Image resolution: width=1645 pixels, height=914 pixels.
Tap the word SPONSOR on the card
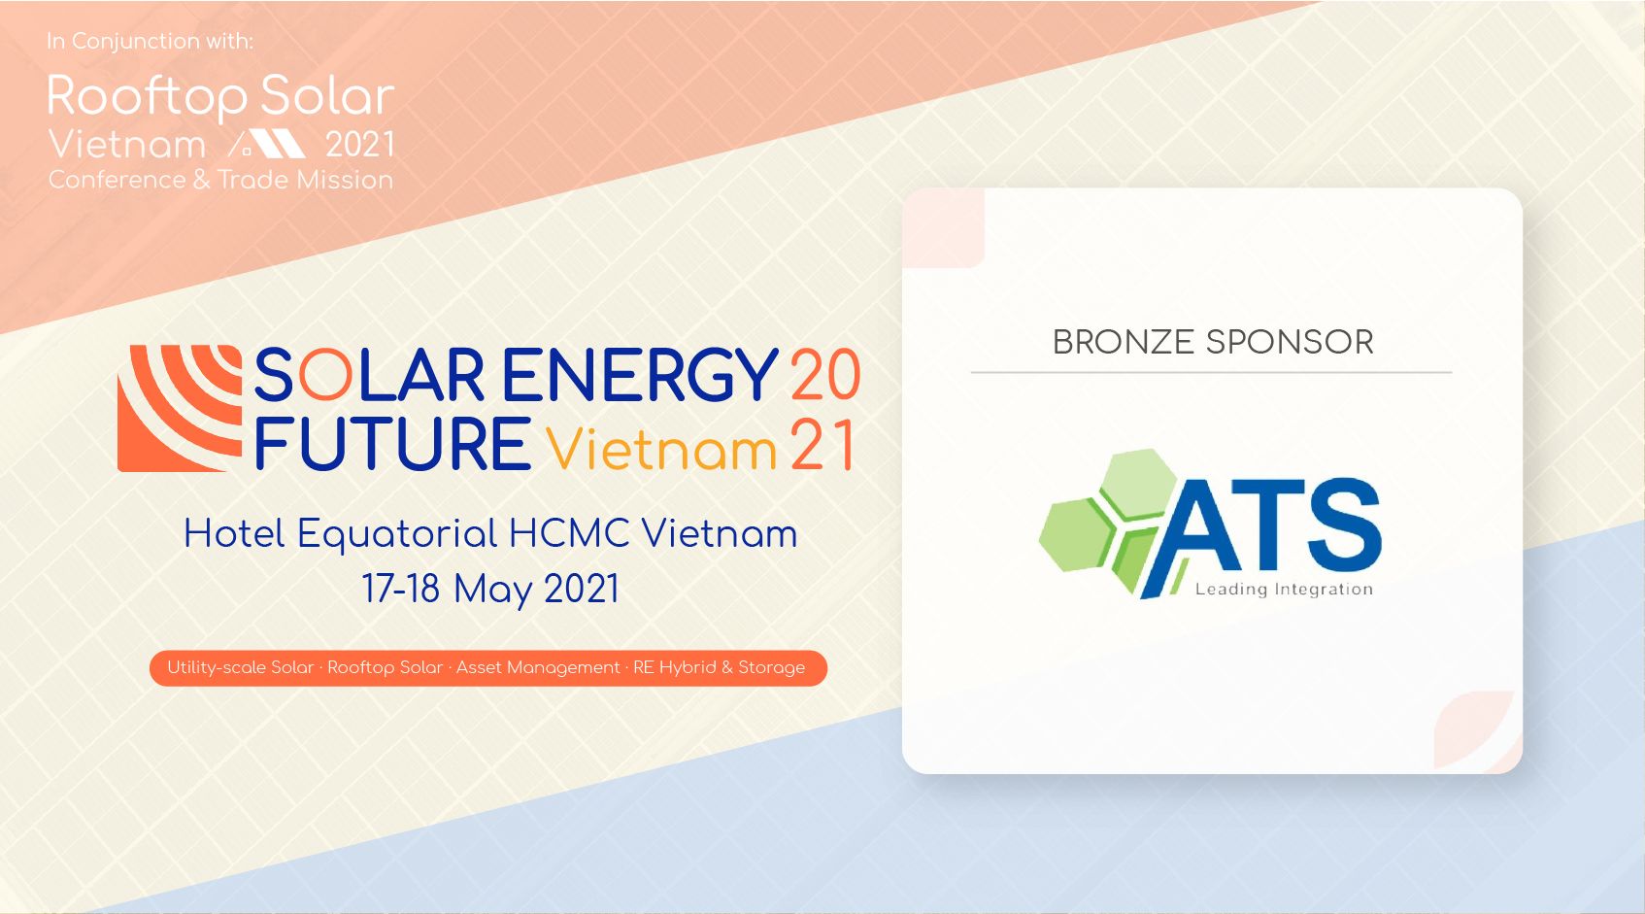[x=1290, y=342]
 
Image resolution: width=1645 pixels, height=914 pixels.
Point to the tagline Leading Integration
[x=1284, y=590]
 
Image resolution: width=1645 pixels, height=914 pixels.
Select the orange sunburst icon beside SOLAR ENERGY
[x=180, y=408]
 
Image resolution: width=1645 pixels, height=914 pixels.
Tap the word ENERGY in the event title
[x=640, y=375]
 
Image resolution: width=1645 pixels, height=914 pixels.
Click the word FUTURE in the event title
[x=393, y=444]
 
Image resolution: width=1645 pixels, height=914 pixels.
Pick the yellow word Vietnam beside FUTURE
[x=661, y=449]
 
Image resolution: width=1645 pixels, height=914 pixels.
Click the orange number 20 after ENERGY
[x=825, y=375]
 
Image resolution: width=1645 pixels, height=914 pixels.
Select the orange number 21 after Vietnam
[x=822, y=445]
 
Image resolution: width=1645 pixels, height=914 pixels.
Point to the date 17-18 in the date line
[x=401, y=589]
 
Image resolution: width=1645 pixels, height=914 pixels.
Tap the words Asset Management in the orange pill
[x=538, y=667]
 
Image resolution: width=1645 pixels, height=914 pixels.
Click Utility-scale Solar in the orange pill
[x=240, y=667]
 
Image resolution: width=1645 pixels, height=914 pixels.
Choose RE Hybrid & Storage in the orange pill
[x=719, y=667]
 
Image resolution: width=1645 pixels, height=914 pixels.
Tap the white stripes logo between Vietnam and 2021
[x=267, y=144]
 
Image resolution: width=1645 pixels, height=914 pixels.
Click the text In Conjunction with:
[x=150, y=41]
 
